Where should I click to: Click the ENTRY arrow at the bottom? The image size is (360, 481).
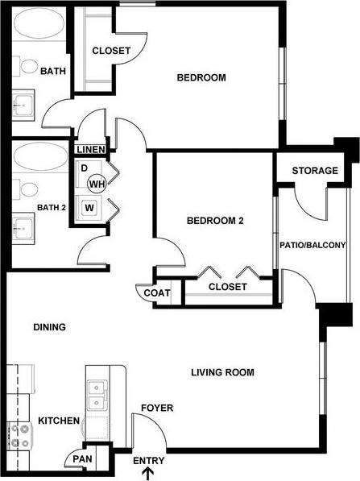pos(146,472)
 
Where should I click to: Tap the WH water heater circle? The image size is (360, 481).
pos(97,185)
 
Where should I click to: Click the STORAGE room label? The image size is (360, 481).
pos(314,171)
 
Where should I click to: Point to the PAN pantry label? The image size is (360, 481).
pos(82,459)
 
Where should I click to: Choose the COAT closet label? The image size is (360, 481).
pos(157,293)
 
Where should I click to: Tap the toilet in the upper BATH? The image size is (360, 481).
pos(28,68)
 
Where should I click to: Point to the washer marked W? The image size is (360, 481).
pos(88,207)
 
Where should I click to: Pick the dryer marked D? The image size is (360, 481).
pos(84,168)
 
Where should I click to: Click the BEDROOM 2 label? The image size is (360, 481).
pos(215,221)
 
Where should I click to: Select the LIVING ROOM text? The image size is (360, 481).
pos(222,372)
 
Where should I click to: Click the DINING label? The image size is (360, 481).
pos(49,327)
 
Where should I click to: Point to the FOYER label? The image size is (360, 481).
pos(156,408)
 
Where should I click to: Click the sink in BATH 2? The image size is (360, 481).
pos(23,226)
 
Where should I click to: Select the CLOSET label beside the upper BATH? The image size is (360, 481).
pos(111,51)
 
